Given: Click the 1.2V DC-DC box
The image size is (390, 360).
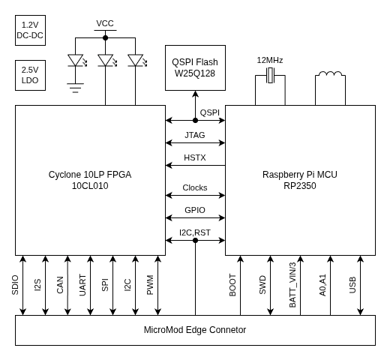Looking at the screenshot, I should pos(30,31).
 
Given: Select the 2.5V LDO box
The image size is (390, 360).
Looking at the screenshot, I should pos(30,76).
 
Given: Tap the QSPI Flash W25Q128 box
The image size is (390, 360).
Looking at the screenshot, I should pos(195,67).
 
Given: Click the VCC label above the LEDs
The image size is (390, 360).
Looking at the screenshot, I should pos(105,23).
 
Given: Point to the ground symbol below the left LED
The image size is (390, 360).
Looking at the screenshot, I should pos(75,88).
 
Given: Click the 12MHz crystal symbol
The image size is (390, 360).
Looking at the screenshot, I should pos(270,75).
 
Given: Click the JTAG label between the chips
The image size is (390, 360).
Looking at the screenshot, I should pos(195,136).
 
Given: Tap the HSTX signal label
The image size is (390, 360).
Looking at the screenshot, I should pos(195,158).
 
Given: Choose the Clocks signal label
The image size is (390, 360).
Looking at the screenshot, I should pos(195,188).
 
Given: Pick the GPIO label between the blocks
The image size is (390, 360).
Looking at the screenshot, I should pos(195,211).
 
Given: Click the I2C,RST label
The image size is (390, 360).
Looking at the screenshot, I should pos(195,233).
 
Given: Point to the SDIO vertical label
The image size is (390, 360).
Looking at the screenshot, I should pos(16,285).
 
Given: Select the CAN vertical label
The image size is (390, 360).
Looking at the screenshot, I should pos(61,285).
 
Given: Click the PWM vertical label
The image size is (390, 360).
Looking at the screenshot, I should pos(151,285).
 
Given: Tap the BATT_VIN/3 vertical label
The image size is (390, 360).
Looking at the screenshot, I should pos(293,285).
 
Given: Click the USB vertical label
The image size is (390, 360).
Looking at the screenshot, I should pos(353,285).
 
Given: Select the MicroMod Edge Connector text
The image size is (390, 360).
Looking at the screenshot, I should pos(195,330).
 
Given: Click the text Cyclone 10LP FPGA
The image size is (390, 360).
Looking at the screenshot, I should pos(90,174).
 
